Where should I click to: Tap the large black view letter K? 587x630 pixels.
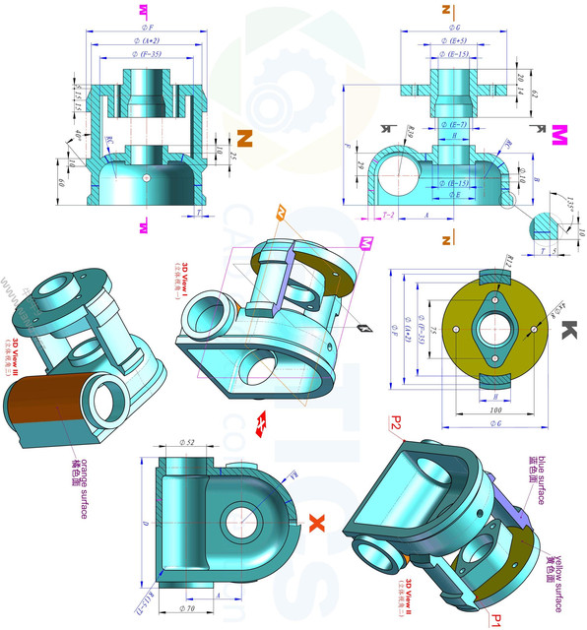[568, 331]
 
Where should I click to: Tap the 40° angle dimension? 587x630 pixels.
[79, 135]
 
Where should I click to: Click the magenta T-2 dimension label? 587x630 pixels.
[387, 213]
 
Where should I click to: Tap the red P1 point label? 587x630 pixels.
[497, 619]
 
